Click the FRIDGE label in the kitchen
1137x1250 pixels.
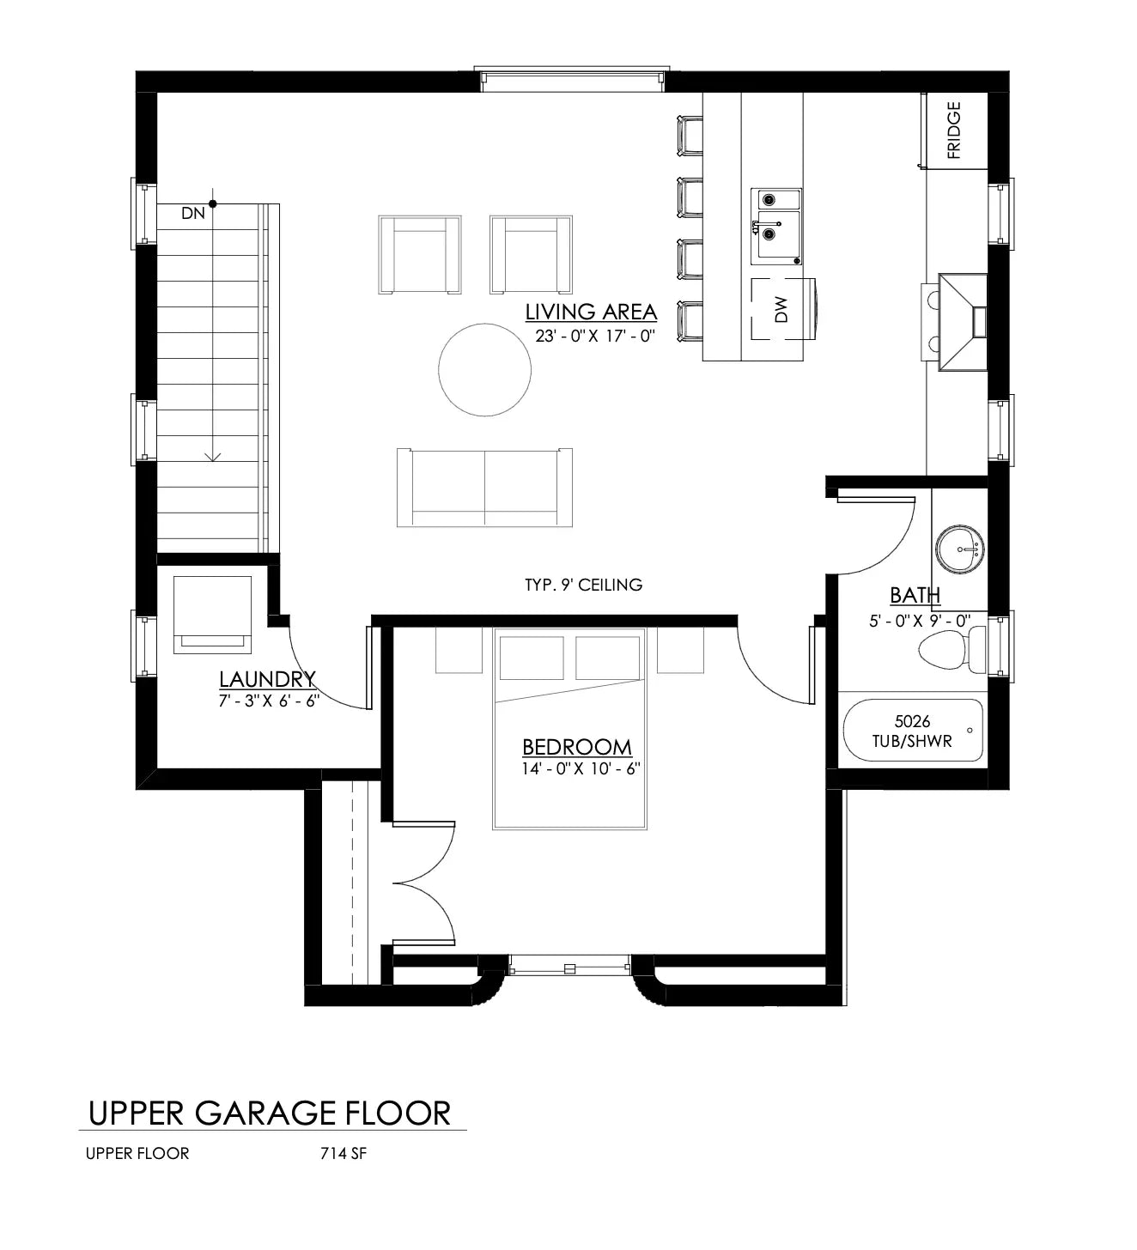point(953,130)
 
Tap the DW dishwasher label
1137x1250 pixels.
point(781,310)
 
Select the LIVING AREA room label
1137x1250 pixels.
point(591,312)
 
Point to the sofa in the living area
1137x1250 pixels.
point(484,487)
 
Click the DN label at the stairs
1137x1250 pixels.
point(193,213)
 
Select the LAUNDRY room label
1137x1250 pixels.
point(267,680)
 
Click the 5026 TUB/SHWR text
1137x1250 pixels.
point(912,731)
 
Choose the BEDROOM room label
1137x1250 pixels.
point(576,747)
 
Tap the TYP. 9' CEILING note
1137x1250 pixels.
point(583,585)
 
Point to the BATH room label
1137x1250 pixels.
point(915,595)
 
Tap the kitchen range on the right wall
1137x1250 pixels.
point(962,323)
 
